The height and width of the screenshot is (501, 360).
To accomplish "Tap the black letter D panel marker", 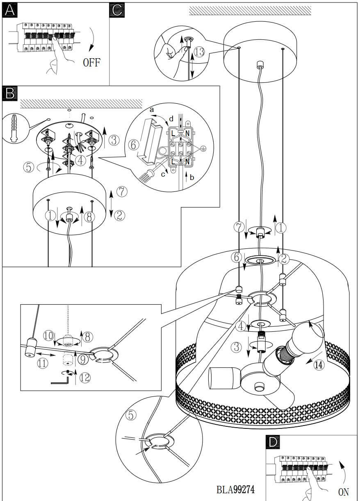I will click(x=273, y=442).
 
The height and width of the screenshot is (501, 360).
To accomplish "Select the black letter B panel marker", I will click(x=9, y=93).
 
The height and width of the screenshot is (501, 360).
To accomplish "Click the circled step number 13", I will click(x=199, y=52).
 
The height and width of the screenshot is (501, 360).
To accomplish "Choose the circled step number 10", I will click(x=49, y=336).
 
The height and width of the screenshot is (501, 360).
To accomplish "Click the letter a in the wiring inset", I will click(x=151, y=110).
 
